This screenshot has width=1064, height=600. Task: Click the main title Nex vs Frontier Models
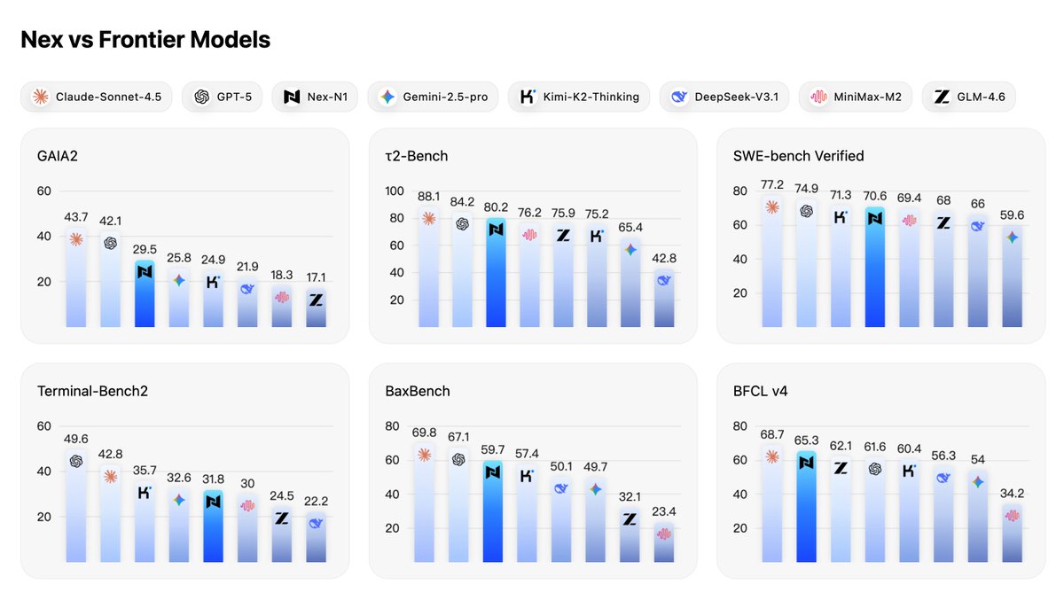[145, 40]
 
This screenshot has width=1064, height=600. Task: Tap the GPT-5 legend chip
[223, 97]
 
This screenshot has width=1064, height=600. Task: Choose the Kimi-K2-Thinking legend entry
[579, 97]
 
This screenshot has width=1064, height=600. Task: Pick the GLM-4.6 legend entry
[968, 97]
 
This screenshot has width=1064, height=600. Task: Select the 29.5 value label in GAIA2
[145, 251]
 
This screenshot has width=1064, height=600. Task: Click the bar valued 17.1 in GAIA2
[316, 308]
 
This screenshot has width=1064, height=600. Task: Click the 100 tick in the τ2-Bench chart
[395, 191]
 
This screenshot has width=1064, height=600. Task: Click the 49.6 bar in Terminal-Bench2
[76, 505]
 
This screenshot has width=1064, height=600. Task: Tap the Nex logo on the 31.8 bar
[213, 502]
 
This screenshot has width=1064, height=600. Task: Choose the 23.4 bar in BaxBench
[663, 542]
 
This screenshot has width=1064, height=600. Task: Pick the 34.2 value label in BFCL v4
[1012, 493]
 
